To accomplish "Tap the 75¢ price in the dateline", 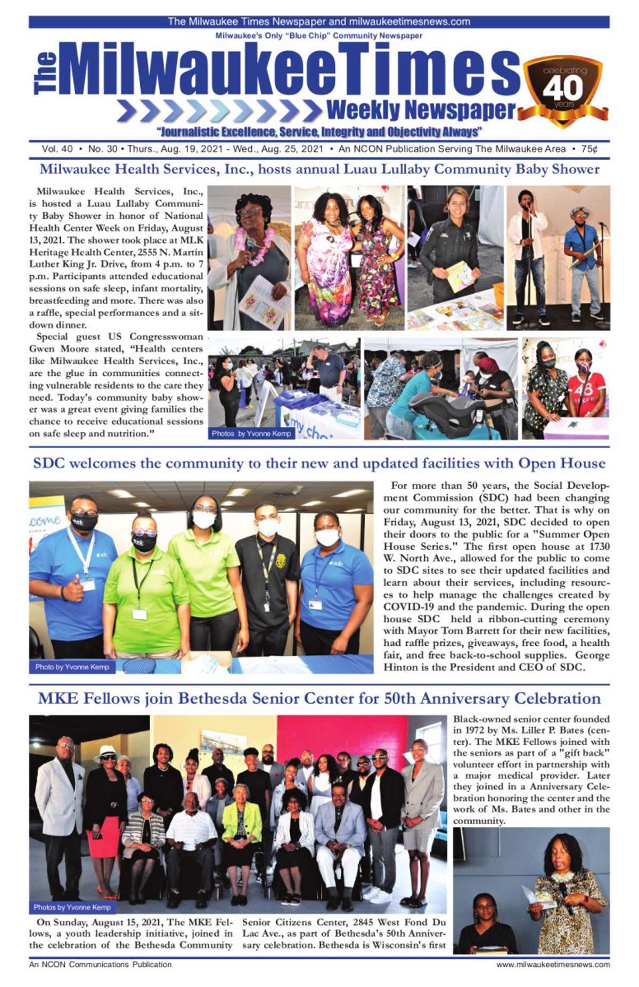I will click(589, 149).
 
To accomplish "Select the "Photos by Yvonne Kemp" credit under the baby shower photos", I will click(251, 433).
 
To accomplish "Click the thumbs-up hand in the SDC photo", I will click(72, 588).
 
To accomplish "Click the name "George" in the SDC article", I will click(592, 655).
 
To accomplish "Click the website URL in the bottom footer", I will click(553, 964).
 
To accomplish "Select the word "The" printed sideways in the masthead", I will click(45, 73).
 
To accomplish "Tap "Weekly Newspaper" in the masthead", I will click(421, 111).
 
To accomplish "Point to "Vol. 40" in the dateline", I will click(57, 149).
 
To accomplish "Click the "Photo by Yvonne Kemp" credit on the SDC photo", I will click(72, 667).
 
